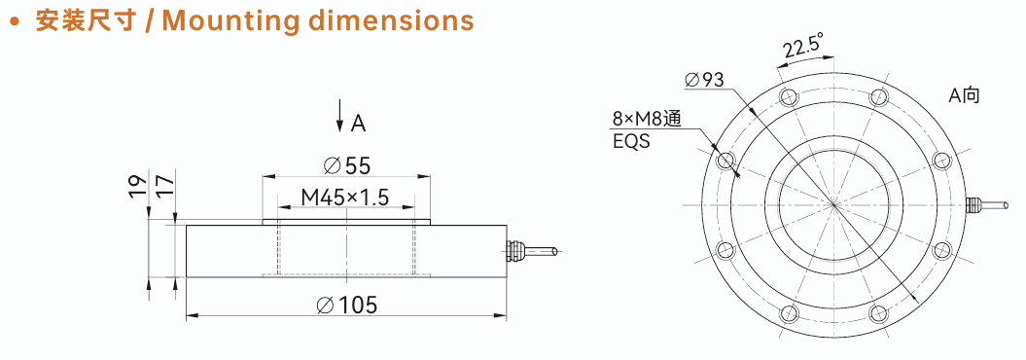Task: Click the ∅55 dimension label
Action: pyautogui.click(x=347, y=166)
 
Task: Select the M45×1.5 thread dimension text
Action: pyautogui.click(x=345, y=197)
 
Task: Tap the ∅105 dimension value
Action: pyautogui.click(x=347, y=305)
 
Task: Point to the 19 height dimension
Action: pyautogui.click(x=137, y=186)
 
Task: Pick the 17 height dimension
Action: pyautogui.click(x=165, y=186)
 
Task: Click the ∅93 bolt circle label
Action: pyautogui.click(x=704, y=80)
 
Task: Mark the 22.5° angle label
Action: pyautogui.click(x=801, y=49)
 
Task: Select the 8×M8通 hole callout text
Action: pyautogui.click(x=647, y=119)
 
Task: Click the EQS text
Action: pyautogui.click(x=631, y=141)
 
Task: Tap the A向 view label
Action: pyautogui.click(x=965, y=95)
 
